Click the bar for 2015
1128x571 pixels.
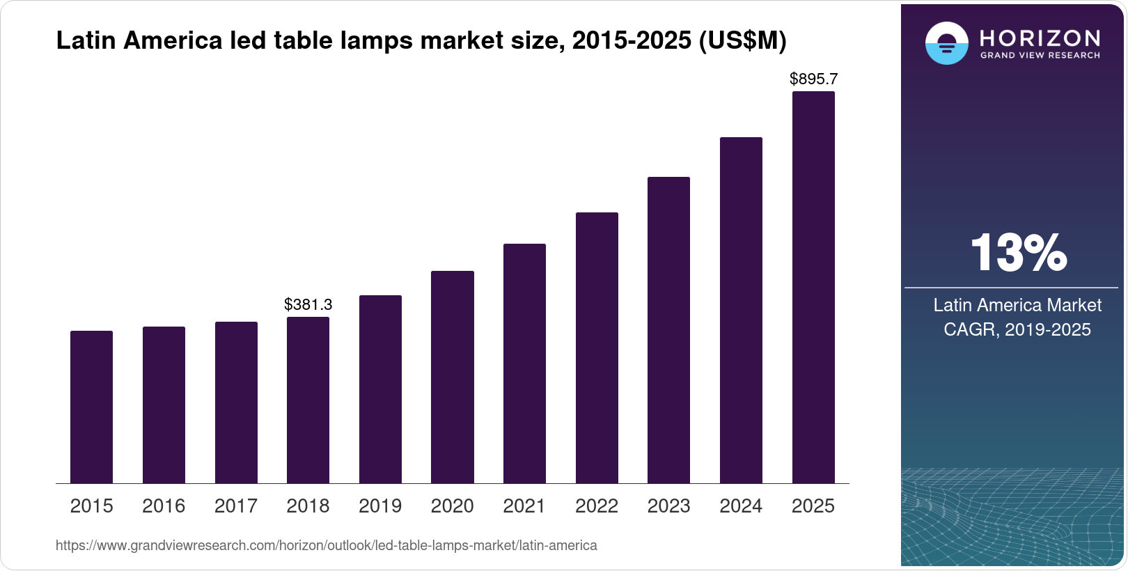[x=91, y=407]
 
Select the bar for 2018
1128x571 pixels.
[x=308, y=400]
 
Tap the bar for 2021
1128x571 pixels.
[x=524, y=363]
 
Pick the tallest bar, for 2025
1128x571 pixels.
[x=813, y=287]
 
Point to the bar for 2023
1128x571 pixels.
[x=668, y=330]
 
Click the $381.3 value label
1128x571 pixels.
[x=308, y=304]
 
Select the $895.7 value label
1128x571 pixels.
[x=813, y=79]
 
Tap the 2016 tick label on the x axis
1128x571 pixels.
[x=164, y=506]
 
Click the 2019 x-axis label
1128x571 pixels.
[x=380, y=506]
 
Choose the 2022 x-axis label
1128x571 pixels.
[x=597, y=506]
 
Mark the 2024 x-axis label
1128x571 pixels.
[x=741, y=506]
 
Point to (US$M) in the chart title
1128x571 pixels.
[x=742, y=41]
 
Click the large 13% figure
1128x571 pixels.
[x=1018, y=253]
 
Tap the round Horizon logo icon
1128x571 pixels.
[x=946, y=43]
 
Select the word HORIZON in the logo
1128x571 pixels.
[x=1040, y=38]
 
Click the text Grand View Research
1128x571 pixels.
[x=1040, y=55]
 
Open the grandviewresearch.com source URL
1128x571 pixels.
[x=326, y=545]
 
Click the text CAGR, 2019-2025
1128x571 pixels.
[x=1017, y=329]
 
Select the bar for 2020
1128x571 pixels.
[x=453, y=377]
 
